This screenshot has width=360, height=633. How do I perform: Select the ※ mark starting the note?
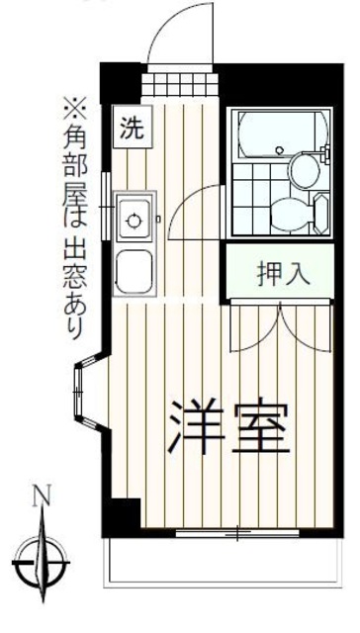click(75, 103)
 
